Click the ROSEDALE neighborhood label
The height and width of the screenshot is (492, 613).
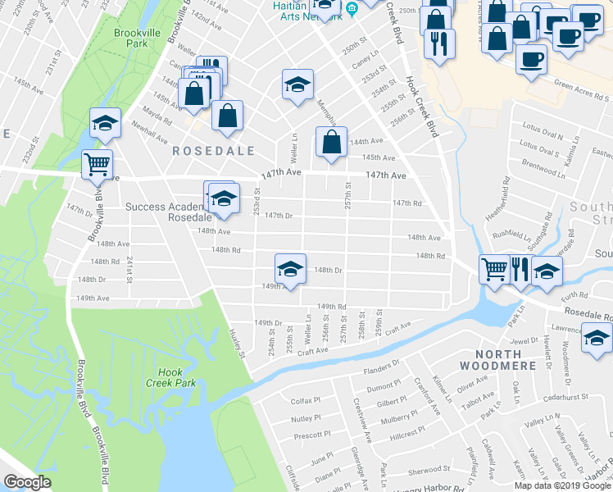[x=212, y=151]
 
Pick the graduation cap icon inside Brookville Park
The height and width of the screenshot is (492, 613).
[x=105, y=122]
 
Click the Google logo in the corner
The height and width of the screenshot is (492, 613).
[x=27, y=482]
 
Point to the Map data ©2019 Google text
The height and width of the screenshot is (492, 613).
[x=562, y=485]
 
